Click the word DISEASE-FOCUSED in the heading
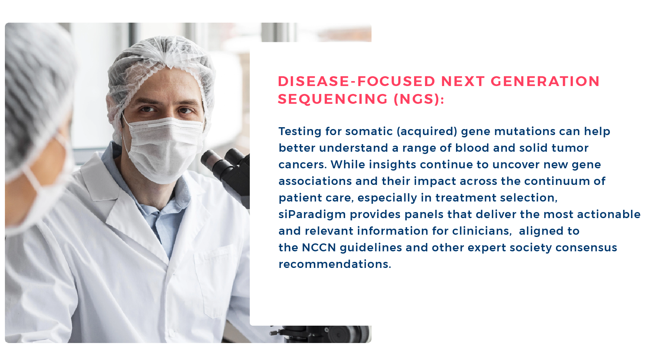[357, 81]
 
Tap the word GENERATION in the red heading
[545, 81]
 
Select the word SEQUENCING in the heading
[333, 99]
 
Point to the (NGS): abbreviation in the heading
[419, 99]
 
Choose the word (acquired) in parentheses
[427, 131]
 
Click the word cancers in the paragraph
[302, 165]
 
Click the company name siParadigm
[312, 214]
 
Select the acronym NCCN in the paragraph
[319, 248]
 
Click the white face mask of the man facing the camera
[164, 149]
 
